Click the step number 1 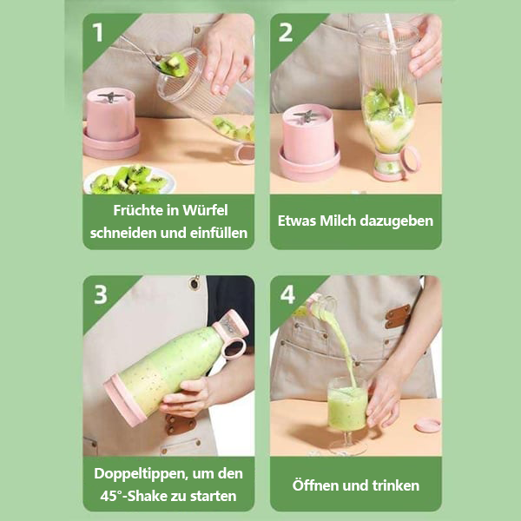[x=98, y=32]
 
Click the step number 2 [x=287, y=32]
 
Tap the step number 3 [x=100, y=294]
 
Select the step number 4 [x=287, y=294]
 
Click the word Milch [x=345, y=221]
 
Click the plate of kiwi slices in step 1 [x=129, y=180]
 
